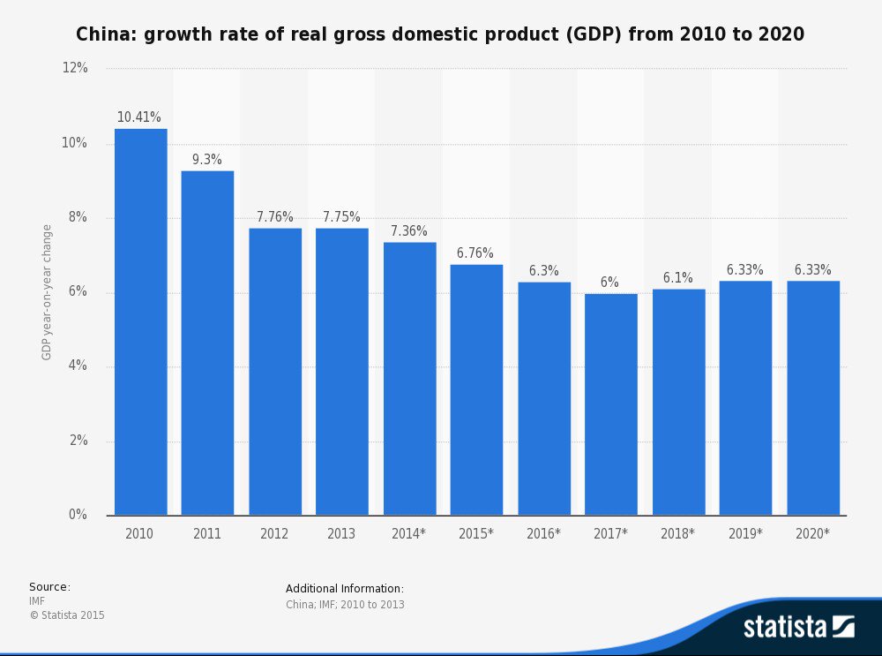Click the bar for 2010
(x=140, y=322)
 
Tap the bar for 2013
(x=342, y=372)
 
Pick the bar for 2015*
(x=476, y=389)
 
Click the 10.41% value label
(x=139, y=117)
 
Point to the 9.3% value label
(x=207, y=160)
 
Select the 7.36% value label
(x=409, y=231)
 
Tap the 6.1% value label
(x=678, y=278)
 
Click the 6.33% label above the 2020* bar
(x=813, y=270)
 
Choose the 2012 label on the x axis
(x=274, y=534)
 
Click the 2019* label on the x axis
(x=745, y=534)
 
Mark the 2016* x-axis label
(x=543, y=534)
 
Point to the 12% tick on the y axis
(x=75, y=69)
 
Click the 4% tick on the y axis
(x=78, y=366)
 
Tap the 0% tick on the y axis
(x=78, y=515)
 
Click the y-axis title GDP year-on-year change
(x=47, y=292)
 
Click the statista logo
(x=798, y=627)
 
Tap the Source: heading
(x=49, y=587)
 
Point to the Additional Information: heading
(x=345, y=589)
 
